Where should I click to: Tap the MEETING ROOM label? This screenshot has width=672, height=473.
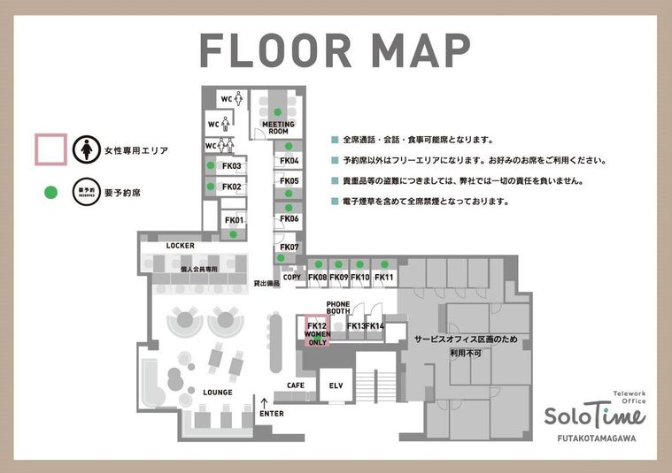(278, 128)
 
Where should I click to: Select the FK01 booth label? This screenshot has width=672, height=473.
(234, 219)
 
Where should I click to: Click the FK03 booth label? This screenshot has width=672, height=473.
(232, 166)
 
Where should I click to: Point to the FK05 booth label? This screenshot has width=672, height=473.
(290, 180)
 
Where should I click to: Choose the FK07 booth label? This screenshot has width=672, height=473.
(290, 247)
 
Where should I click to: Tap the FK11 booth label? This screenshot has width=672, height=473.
(383, 278)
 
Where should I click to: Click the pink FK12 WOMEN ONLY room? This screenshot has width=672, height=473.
(317, 333)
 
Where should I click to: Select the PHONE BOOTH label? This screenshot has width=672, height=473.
(338, 308)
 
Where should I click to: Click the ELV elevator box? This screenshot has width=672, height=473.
(336, 386)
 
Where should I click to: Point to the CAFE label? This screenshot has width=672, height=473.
(296, 385)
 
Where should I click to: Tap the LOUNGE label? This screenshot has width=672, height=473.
(217, 392)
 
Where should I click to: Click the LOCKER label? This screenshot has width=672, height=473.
(180, 245)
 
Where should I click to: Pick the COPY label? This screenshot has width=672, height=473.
(292, 278)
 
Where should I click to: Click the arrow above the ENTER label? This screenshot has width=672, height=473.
(264, 402)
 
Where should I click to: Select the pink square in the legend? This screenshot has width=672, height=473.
(50, 149)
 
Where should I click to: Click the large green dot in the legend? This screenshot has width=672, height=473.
(50, 190)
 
